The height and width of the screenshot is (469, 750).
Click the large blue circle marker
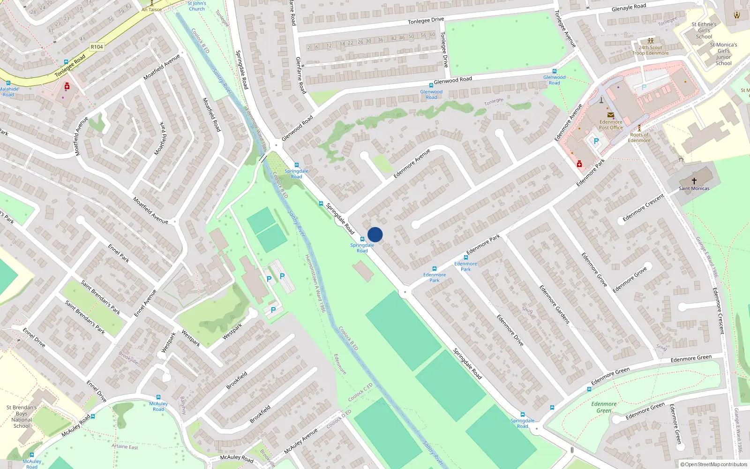(x=375, y=234)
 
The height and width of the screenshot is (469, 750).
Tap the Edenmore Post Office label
(x=611, y=124)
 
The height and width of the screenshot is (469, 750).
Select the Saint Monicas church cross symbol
(x=694, y=181)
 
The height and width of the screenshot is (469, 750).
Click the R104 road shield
(x=97, y=47)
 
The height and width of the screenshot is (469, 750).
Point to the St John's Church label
(x=196, y=6)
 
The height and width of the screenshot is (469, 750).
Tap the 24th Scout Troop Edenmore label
(x=650, y=50)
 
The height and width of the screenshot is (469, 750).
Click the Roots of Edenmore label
(x=639, y=137)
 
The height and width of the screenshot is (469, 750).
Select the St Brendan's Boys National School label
(x=22, y=416)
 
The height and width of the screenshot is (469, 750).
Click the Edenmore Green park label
(x=604, y=407)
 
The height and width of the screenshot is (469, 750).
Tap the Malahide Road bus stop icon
(x=8, y=83)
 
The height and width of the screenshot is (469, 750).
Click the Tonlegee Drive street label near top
(x=426, y=21)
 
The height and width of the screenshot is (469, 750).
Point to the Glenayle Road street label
(x=629, y=8)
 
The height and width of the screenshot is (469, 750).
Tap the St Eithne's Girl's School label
(x=704, y=30)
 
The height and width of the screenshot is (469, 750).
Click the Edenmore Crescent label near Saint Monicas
(x=643, y=207)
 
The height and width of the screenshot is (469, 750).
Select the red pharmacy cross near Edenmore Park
(x=579, y=164)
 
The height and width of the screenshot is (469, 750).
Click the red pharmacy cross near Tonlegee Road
(x=67, y=87)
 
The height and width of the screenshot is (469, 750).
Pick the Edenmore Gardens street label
(x=554, y=304)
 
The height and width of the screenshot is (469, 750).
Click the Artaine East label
(x=125, y=446)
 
